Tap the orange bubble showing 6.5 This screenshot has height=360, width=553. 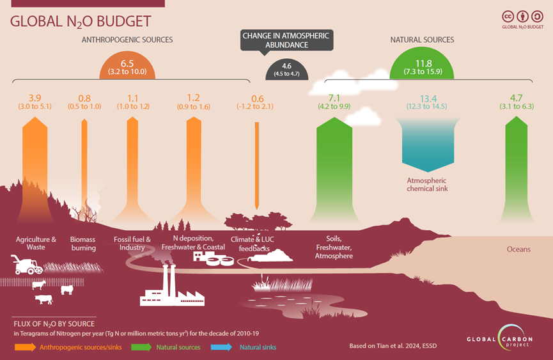(x=127, y=67)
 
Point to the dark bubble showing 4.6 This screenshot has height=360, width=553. (x=286, y=68)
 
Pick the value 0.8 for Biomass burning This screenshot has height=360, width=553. (x=85, y=98)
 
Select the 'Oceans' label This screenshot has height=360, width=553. (x=519, y=249)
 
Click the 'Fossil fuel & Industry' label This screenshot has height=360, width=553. (x=132, y=243)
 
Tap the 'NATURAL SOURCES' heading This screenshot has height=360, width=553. (x=422, y=40)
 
